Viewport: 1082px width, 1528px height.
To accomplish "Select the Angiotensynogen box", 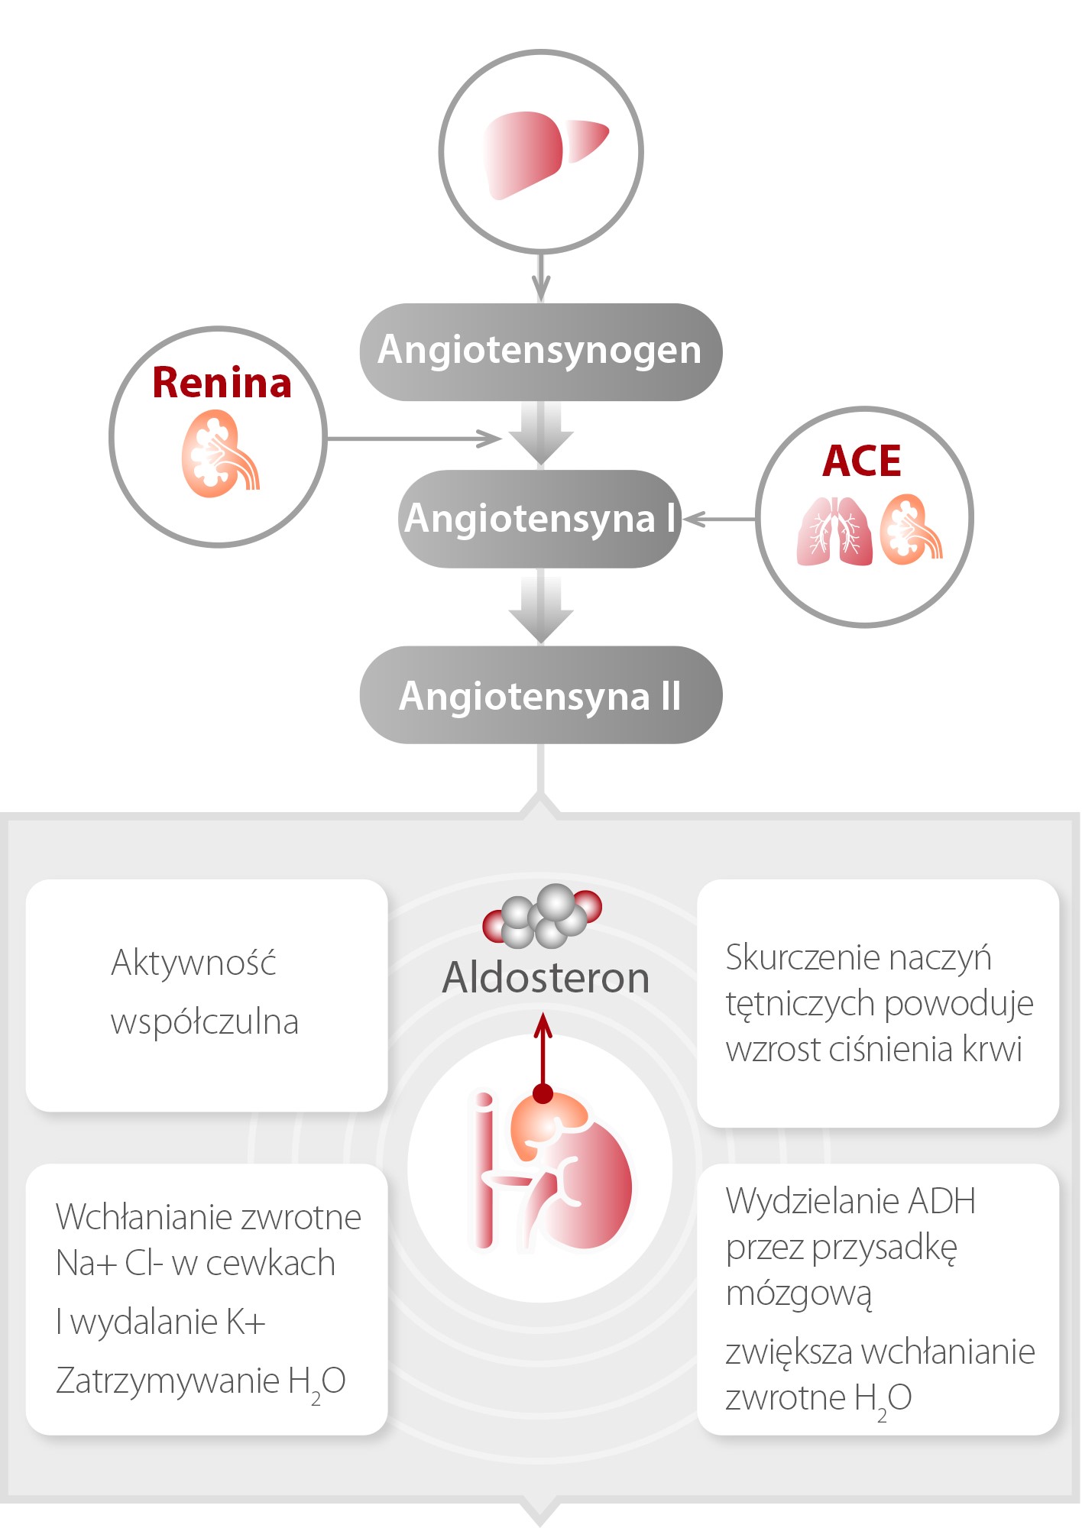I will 540,351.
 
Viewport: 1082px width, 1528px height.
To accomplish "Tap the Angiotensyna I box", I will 539,519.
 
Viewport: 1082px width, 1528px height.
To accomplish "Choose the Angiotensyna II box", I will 540,695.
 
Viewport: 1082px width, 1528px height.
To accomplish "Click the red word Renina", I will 222,383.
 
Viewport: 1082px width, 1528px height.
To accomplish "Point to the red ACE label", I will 862,461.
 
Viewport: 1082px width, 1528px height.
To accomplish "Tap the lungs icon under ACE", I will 834,532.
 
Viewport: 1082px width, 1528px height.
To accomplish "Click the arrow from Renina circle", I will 413,439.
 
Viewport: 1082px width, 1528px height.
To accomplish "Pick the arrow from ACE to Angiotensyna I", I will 718,520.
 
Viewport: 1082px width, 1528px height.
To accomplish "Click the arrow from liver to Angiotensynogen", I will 541,278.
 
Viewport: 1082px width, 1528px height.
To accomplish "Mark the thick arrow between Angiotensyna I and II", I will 541,607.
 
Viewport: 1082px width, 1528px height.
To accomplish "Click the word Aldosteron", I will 546,978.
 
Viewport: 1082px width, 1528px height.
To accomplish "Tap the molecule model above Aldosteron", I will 543,915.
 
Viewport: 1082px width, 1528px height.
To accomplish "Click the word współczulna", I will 205,1022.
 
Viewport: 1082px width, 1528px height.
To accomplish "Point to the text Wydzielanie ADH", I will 850,1202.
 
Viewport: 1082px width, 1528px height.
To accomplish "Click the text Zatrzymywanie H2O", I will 200,1381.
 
